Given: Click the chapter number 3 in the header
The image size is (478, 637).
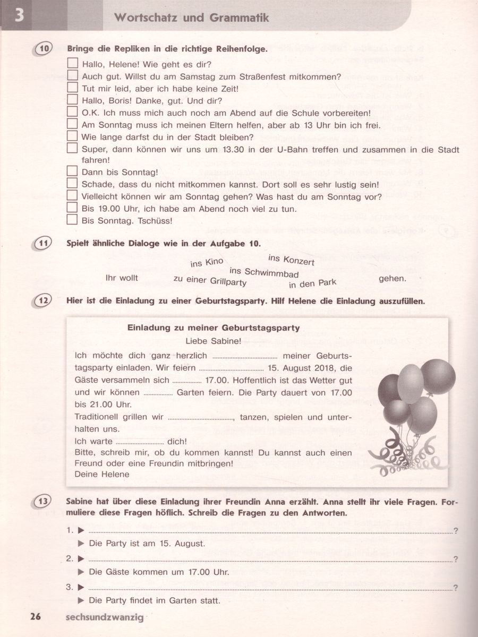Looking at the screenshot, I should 19,15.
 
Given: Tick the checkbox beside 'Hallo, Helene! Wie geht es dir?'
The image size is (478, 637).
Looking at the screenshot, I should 73,64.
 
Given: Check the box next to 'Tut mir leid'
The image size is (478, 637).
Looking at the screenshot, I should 73,88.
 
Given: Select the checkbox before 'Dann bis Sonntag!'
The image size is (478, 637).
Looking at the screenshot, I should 73,171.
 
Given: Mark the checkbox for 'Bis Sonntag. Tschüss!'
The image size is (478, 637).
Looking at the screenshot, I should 73,220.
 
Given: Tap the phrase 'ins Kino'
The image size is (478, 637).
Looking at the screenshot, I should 207,262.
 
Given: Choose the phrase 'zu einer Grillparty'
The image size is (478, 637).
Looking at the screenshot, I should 210,280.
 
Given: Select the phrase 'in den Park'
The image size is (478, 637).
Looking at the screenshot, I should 313,283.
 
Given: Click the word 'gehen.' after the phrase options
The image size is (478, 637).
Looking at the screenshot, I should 392,278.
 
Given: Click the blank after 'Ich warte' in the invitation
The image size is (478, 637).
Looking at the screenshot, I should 140,442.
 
